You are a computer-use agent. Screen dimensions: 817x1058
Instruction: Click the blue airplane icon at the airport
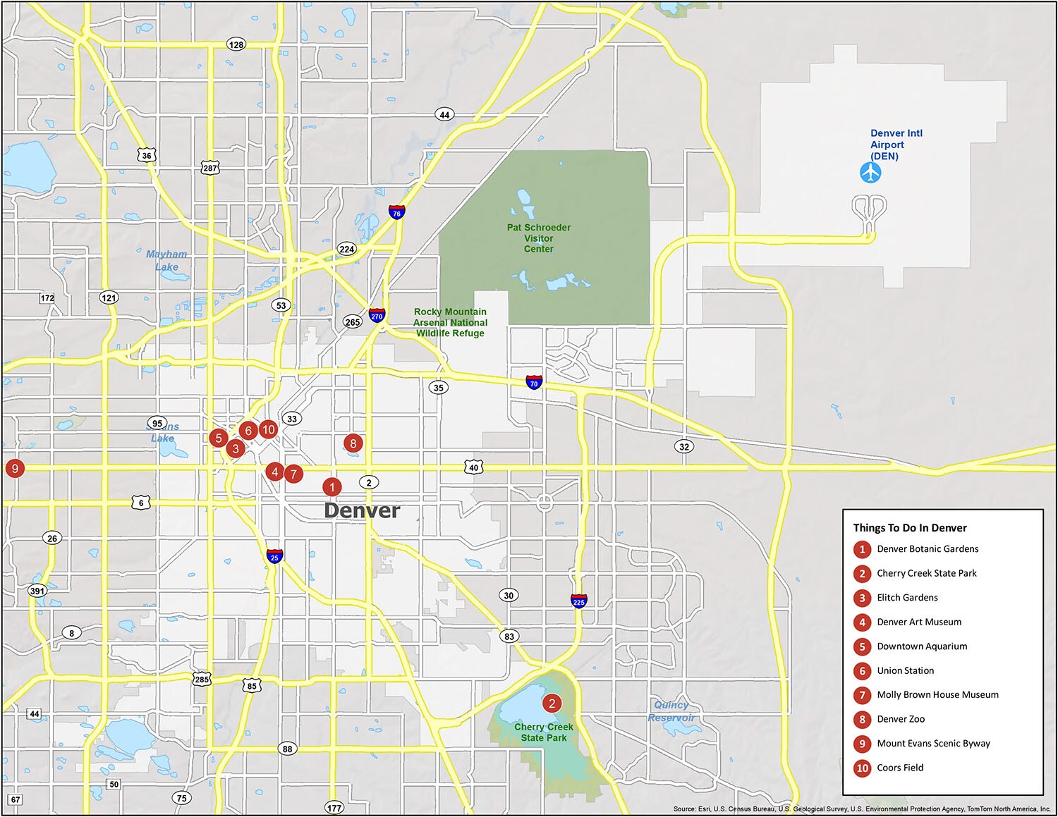pyautogui.click(x=871, y=173)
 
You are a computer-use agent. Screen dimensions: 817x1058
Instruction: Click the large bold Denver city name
pyautogui.click(x=362, y=510)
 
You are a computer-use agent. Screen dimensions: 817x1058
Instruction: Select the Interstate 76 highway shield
pyautogui.click(x=396, y=211)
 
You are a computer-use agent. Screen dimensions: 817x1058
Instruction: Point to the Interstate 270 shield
pyautogui.click(x=377, y=314)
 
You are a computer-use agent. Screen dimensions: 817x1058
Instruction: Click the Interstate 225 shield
pyautogui.click(x=579, y=600)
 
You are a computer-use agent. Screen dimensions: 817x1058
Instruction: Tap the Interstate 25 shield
pyautogui.click(x=275, y=556)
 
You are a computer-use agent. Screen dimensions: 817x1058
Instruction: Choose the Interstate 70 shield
pyautogui.click(x=534, y=382)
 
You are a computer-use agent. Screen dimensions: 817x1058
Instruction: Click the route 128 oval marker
pyautogui.click(x=236, y=44)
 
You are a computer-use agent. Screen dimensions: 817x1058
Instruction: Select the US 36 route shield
pyautogui.click(x=147, y=156)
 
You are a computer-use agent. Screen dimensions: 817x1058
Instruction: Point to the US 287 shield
pyautogui.click(x=210, y=168)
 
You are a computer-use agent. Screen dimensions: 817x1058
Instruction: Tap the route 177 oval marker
pyautogui.click(x=334, y=807)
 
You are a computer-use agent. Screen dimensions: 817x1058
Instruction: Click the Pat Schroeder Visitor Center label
pyautogui.click(x=539, y=238)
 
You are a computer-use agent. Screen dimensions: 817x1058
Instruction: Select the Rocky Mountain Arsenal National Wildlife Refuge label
pyautogui.click(x=450, y=322)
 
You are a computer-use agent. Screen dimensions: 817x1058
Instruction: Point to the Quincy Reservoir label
pyautogui.click(x=671, y=711)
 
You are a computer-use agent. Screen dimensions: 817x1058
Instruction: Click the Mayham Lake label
pyautogui.click(x=167, y=260)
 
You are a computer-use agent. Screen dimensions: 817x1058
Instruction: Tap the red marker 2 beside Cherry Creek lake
pyautogui.click(x=552, y=703)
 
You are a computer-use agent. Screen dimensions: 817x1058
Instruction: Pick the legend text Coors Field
pyautogui.click(x=900, y=768)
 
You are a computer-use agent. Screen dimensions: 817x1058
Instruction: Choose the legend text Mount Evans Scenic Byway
pyautogui.click(x=933, y=743)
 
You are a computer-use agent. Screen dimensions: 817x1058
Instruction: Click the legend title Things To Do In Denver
pyautogui.click(x=909, y=527)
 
